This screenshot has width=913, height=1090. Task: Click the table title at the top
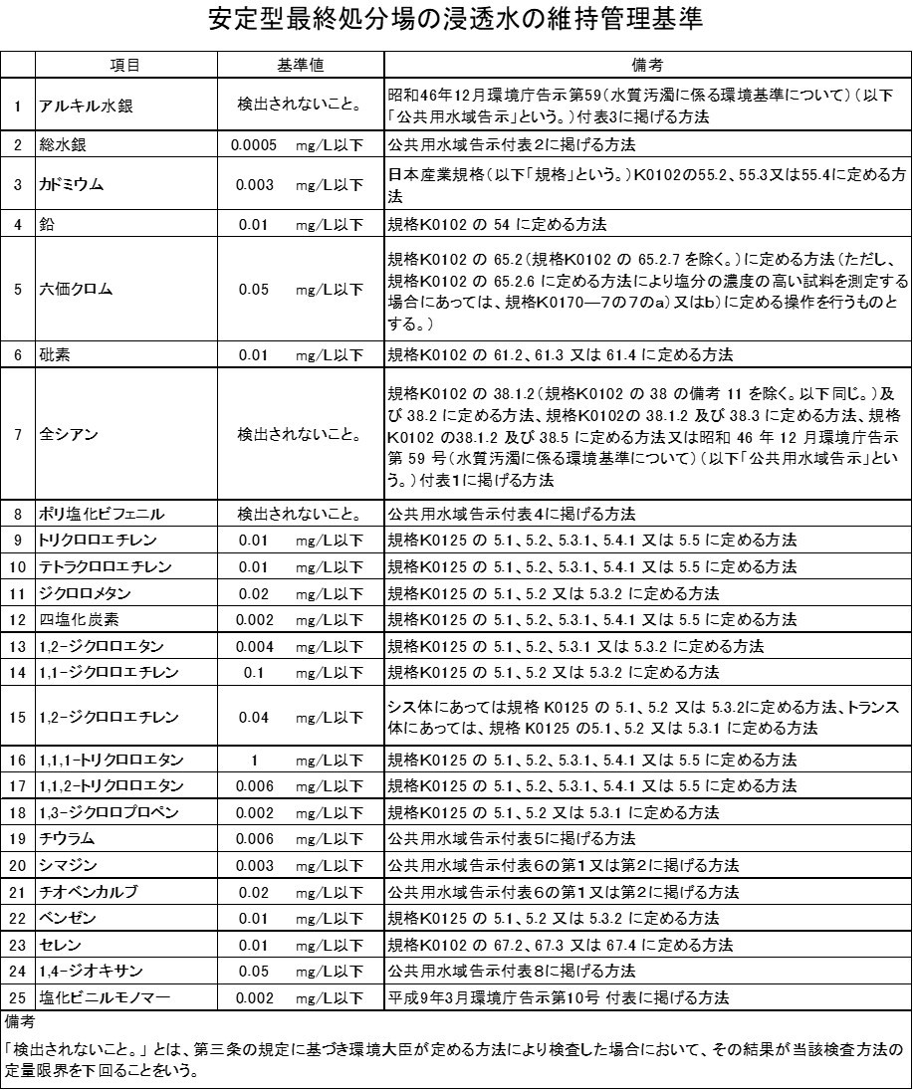click(456, 21)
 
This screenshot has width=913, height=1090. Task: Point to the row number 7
click(18, 434)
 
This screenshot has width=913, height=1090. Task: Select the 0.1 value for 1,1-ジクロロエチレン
click(253, 672)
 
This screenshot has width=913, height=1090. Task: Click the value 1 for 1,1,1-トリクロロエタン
click(255, 760)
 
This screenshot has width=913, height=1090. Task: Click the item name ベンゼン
click(66, 917)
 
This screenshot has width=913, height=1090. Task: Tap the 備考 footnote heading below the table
click(21, 1021)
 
